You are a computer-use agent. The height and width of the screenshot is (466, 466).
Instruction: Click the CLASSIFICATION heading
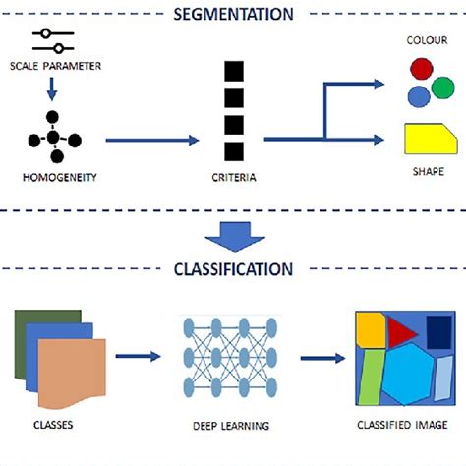pos(232,268)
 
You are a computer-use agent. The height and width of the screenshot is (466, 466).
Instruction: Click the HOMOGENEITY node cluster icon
pos(54,139)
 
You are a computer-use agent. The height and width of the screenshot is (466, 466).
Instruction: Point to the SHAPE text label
pos(430,171)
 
